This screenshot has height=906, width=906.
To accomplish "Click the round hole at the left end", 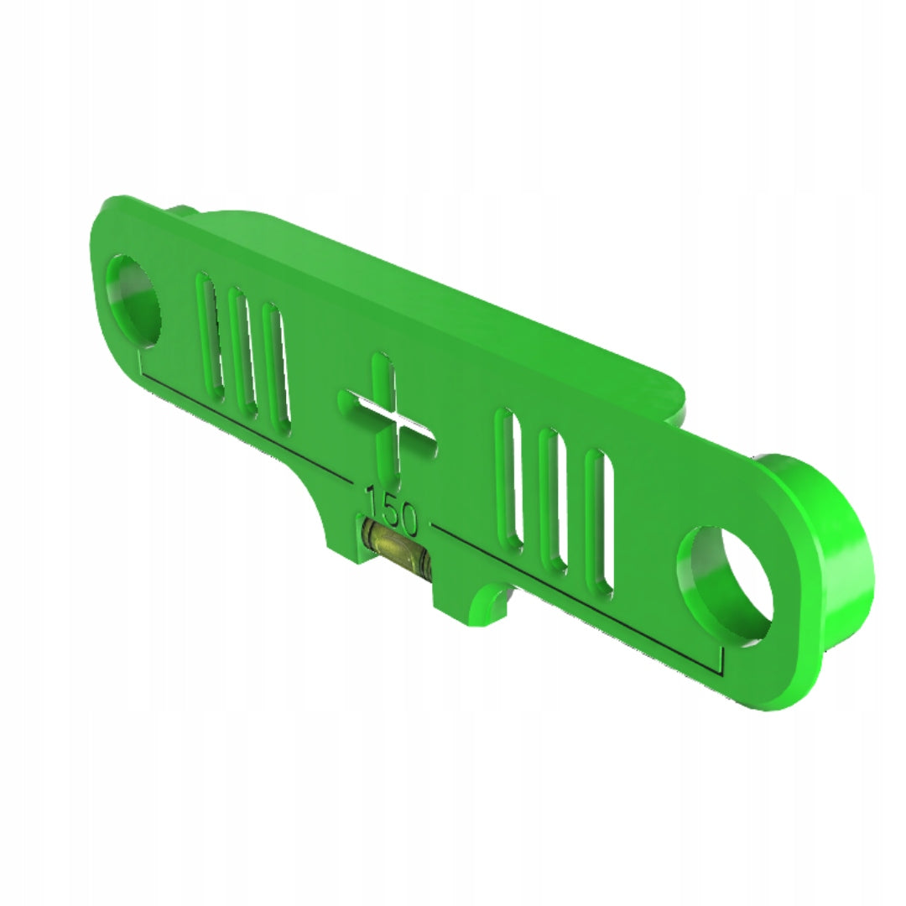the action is (133, 300).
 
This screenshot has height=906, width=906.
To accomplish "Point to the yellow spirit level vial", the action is (396, 549).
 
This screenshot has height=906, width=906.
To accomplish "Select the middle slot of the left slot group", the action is (243, 351).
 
